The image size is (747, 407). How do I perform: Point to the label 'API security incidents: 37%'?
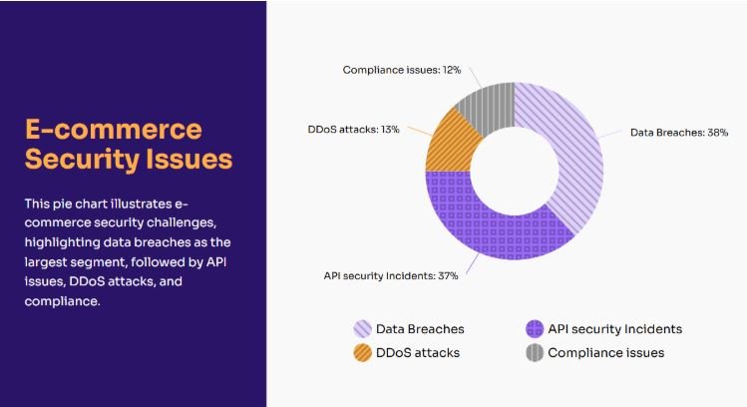pos(391,275)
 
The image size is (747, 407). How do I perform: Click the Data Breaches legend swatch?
pos(363,329)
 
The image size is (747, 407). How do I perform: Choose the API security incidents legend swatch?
pos(535,329)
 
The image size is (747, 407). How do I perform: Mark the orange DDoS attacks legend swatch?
pos(363,352)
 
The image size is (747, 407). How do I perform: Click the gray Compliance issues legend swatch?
pos(535,352)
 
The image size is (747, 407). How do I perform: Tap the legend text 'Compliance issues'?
pos(605,352)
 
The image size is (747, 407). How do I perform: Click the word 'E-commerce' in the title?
pos(112,130)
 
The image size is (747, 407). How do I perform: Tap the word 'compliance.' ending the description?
pos(62,302)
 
